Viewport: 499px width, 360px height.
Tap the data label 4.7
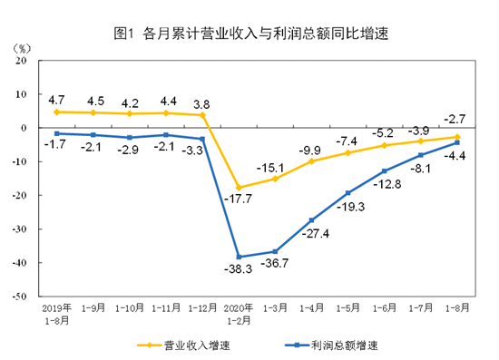coord(56,99)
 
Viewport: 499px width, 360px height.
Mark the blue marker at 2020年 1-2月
coord(239,257)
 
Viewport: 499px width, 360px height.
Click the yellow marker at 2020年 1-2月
coord(239,188)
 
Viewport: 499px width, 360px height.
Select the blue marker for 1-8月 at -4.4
coord(456,142)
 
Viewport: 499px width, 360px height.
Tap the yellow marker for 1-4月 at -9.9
coord(311,161)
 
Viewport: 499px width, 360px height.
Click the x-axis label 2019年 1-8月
coord(56,313)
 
